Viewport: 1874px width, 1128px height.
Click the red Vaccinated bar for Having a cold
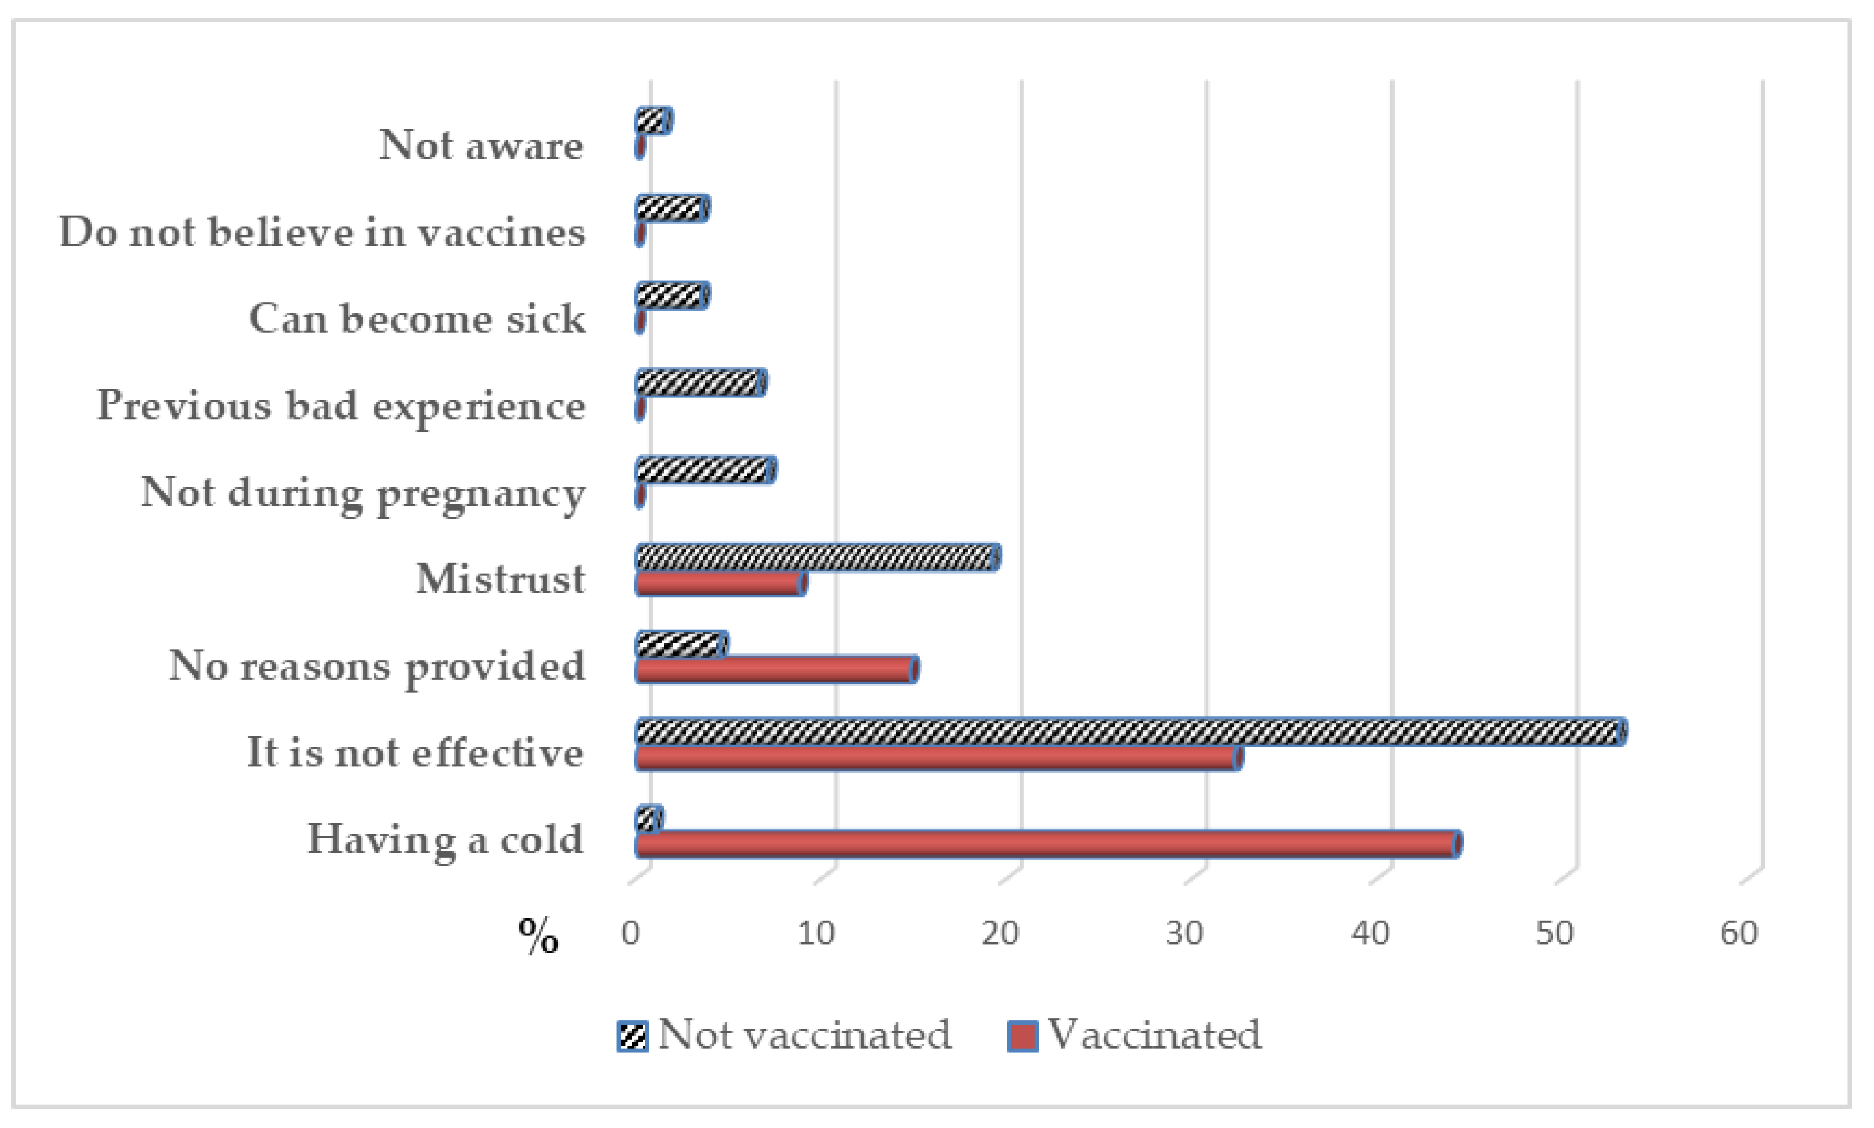[x=1047, y=844]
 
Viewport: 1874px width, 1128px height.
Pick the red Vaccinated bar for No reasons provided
[x=777, y=670]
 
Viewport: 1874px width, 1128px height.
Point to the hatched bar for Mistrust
[x=817, y=558]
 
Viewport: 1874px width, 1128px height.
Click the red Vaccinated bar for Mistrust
[x=720, y=584]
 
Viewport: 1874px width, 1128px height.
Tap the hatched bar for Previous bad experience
[x=701, y=383]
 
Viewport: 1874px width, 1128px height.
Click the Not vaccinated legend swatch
[x=632, y=1036]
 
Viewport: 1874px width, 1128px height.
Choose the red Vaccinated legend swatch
[x=1022, y=1036]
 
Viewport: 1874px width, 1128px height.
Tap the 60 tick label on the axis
[x=1739, y=933]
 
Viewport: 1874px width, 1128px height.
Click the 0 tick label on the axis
[x=631, y=933]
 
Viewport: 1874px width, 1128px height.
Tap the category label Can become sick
[x=417, y=319]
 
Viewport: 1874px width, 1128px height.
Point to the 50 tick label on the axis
[x=1554, y=933]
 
